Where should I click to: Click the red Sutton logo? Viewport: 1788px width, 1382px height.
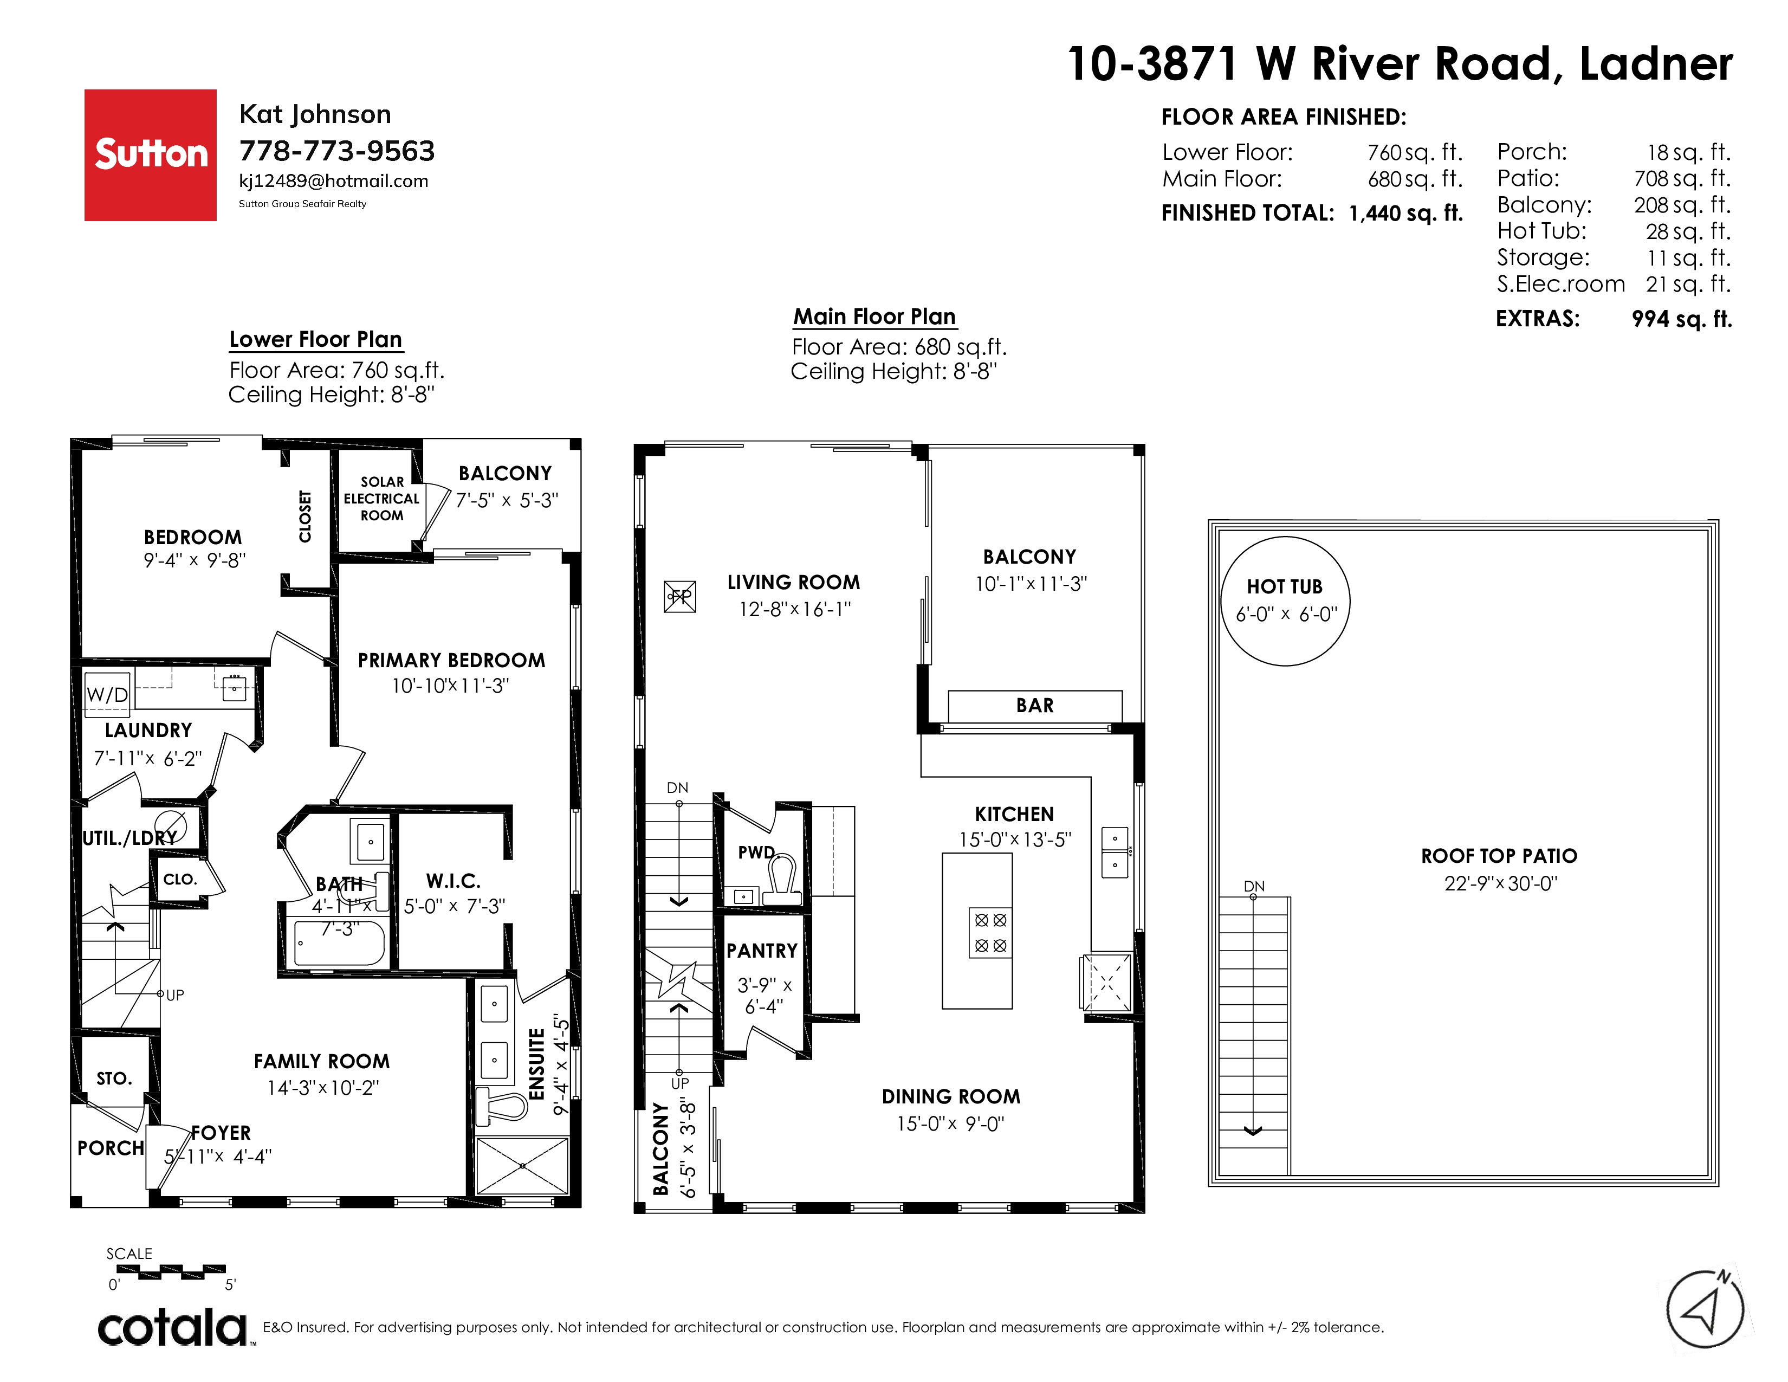[x=151, y=155]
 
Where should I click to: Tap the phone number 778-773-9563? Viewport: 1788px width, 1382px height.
[x=336, y=151]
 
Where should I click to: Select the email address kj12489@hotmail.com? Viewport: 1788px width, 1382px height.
[x=333, y=181]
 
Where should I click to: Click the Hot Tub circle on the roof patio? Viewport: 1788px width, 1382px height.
[x=1285, y=601]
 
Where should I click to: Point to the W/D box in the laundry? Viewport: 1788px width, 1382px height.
[x=107, y=694]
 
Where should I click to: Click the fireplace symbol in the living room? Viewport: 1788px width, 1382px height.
[x=679, y=597]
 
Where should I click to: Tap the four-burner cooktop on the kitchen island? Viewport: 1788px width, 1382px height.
[x=990, y=933]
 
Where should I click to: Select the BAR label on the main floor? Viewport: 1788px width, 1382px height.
[x=1035, y=705]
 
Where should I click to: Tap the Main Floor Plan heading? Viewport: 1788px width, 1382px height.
[x=874, y=317]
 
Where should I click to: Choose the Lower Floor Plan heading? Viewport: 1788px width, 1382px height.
[x=316, y=340]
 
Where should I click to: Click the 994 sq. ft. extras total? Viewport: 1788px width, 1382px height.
[x=1682, y=319]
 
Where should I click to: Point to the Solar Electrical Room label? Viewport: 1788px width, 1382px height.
[x=381, y=499]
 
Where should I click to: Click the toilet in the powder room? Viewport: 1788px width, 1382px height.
[x=782, y=880]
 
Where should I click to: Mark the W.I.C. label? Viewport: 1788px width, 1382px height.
[x=454, y=881]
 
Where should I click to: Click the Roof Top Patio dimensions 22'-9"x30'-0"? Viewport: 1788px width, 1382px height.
[x=1500, y=883]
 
